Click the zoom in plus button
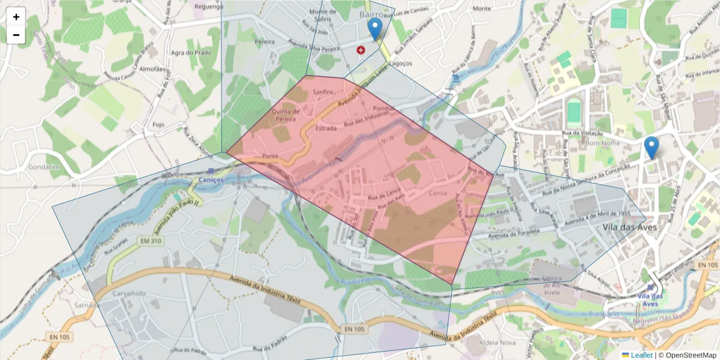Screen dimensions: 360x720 pyautogui.click(x=16, y=17)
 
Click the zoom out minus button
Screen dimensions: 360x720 pyautogui.click(x=16, y=35)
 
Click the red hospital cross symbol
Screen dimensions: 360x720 pyautogui.click(x=361, y=50)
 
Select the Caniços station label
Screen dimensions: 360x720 pyautogui.click(x=211, y=179)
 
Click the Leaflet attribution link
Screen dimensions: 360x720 pyautogui.click(x=641, y=355)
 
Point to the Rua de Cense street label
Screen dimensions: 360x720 pyautogui.click(x=385, y=193)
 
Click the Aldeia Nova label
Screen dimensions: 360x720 pyautogui.click(x=499, y=342)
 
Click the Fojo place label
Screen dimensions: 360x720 pyautogui.click(x=158, y=125)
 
